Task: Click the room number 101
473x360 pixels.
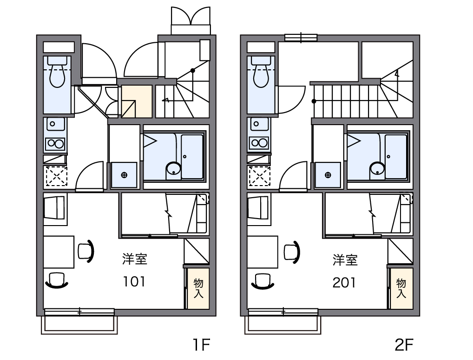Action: pyautogui.click(x=134, y=281)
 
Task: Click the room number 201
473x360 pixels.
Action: pyautogui.click(x=344, y=282)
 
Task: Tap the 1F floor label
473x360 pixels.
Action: pyautogui.click(x=201, y=345)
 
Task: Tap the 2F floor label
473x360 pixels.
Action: pyautogui.click(x=404, y=345)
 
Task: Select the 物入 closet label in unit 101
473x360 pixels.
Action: pyautogui.click(x=198, y=288)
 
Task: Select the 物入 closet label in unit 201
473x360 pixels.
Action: pyautogui.click(x=401, y=288)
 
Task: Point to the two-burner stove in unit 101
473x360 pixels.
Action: pyautogui.click(x=55, y=144)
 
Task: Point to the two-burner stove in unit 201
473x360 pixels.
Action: pyautogui.click(x=259, y=143)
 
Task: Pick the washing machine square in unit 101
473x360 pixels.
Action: pyautogui.click(x=124, y=175)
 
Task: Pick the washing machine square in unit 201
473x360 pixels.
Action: pyautogui.click(x=328, y=175)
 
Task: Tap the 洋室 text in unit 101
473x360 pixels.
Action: pyautogui.click(x=135, y=259)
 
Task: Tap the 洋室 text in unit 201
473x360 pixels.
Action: pyautogui.click(x=345, y=260)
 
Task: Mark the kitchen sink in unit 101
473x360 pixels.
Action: pyautogui.click(x=55, y=124)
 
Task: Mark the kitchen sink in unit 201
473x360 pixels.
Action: pyautogui.click(x=259, y=124)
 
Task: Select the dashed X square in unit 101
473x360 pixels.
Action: pyautogui.click(x=56, y=176)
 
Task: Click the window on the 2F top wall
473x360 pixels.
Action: pyautogui.click(x=301, y=38)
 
